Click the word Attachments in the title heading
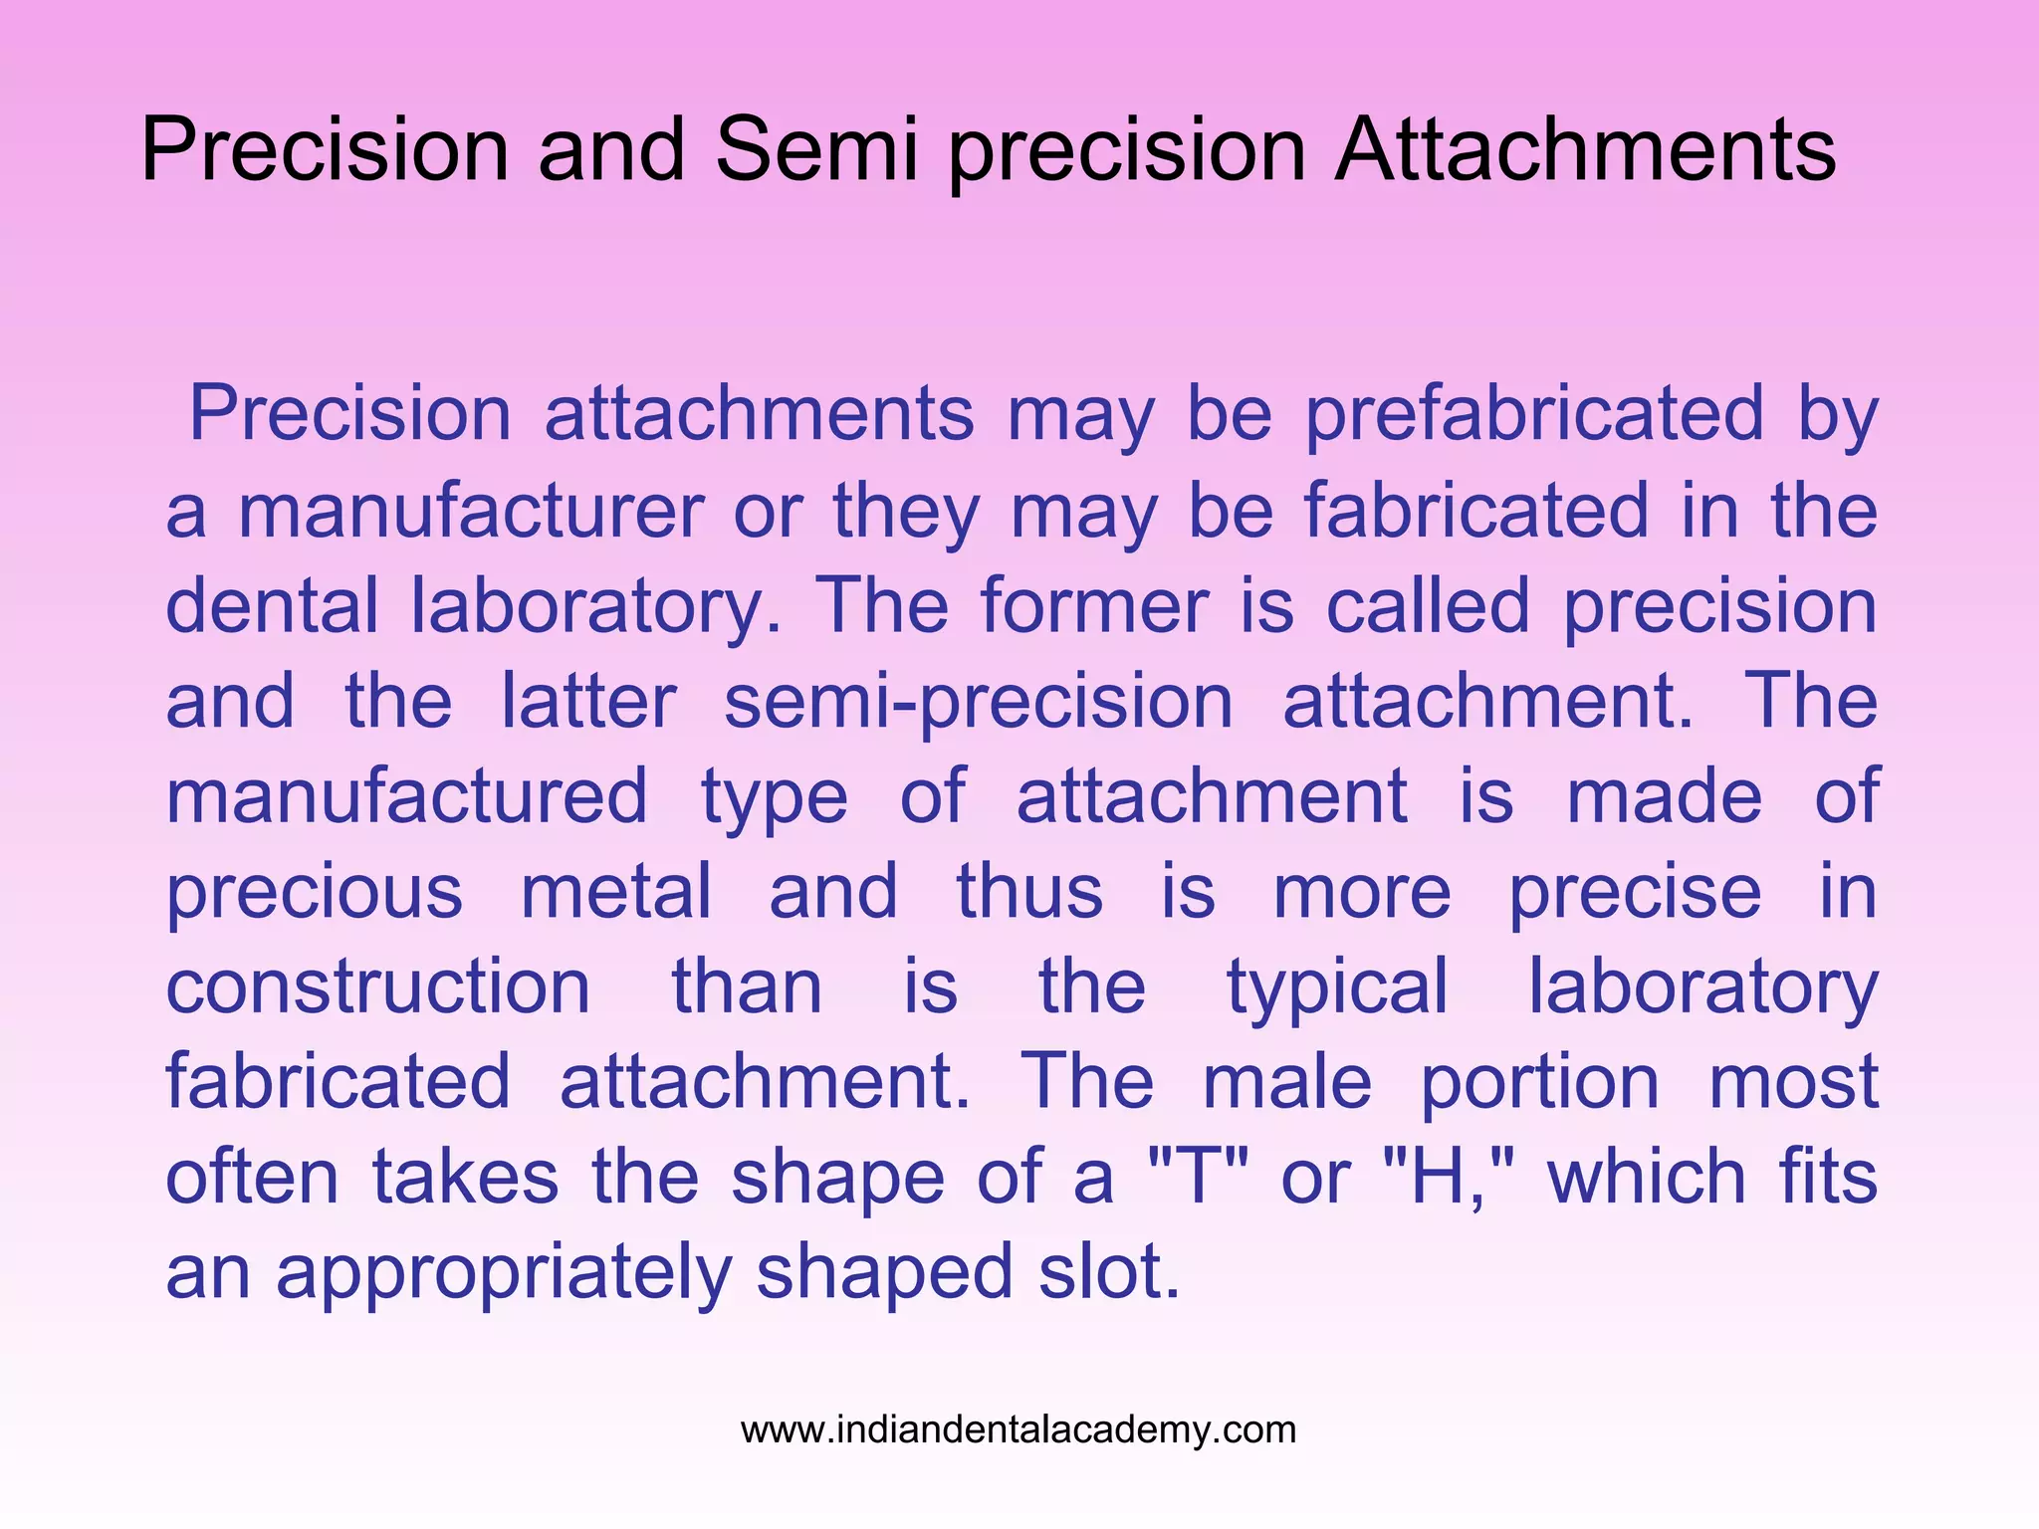1585,150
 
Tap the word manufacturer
470,511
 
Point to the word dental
271,606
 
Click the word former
1093,606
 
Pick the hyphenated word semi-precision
979,703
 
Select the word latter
588,702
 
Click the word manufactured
406,796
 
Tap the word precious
315,893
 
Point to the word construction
378,987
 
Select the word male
1287,1082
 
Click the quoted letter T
1198,1177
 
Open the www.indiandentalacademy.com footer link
1019,1430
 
